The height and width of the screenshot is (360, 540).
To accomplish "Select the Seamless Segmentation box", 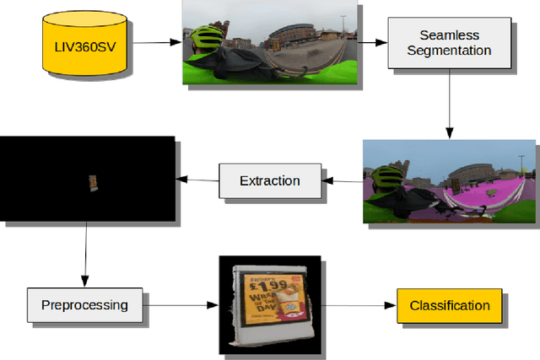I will [449, 43].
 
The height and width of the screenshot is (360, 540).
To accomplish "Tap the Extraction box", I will [269, 180].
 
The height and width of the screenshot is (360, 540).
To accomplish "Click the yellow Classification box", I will [449, 305].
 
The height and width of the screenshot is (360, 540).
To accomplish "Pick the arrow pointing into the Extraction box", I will [343, 180].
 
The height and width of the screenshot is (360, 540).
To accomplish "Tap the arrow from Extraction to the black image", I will [197, 180].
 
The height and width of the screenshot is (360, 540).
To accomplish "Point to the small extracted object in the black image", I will [94, 182].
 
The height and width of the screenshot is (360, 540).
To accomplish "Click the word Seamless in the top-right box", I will [449, 35].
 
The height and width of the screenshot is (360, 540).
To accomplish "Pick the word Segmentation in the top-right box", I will [449, 51].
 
